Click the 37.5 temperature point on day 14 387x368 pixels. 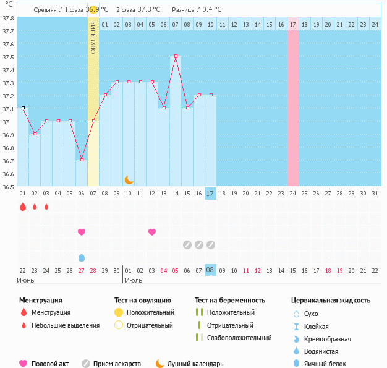[x=176, y=56]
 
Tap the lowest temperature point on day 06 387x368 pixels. [x=82, y=160]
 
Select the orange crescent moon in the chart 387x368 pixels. [x=129, y=179]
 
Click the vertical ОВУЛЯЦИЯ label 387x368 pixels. [x=93, y=37]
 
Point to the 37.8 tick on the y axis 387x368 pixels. [x=8, y=18]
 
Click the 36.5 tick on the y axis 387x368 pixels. [x=8, y=186]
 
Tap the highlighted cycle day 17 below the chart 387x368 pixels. [x=210, y=194]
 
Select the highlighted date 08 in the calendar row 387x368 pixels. [x=210, y=270]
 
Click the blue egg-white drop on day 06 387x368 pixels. [x=82, y=257]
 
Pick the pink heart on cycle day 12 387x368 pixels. [x=152, y=232]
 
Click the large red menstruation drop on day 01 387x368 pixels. [x=23, y=207]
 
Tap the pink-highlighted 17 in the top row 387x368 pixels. [x=292, y=24]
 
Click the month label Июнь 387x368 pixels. [x=25, y=280]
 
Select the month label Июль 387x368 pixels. [x=133, y=280]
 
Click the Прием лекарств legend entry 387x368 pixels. [x=117, y=364]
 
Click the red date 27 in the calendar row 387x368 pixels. [x=82, y=270]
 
